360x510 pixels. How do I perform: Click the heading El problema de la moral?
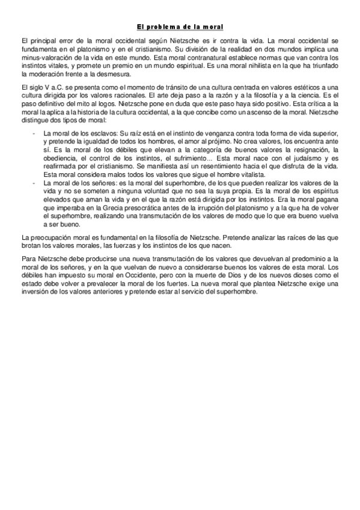coord(180,27)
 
